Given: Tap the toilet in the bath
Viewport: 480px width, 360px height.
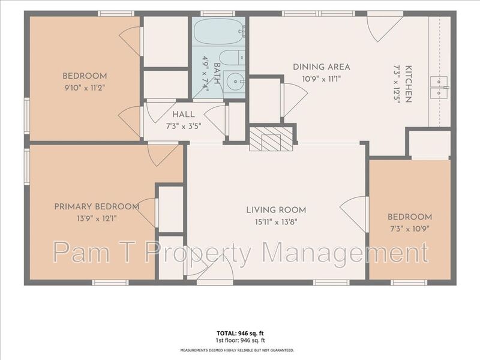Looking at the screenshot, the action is tap(233, 58).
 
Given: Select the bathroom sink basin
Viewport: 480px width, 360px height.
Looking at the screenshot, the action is tap(234, 82).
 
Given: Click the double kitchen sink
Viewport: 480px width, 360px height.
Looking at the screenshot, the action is tap(439, 87).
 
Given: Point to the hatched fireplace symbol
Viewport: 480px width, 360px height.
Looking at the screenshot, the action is tap(271, 139).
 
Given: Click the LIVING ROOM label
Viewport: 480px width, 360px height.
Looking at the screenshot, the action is tap(276, 210).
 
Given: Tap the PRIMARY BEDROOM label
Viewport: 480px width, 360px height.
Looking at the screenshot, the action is tap(97, 206).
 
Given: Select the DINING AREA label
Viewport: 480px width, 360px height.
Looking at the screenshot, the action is tap(322, 67).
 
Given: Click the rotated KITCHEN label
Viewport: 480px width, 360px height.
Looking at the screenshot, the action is tap(409, 83).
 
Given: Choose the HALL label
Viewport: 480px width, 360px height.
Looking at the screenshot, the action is tap(184, 115).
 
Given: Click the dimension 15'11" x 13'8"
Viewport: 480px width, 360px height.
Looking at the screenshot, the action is tap(276, 222).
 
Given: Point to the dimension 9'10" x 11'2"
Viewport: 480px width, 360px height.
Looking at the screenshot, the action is tap(85, 88).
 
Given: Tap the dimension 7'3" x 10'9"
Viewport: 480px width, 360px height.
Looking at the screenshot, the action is tap(410, 229).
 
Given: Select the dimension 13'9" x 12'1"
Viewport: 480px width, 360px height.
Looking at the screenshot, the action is tap(97, 218).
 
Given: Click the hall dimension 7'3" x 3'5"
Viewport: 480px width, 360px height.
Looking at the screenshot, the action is tap(184, 126).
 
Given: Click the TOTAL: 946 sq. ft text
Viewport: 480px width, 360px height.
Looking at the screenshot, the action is tap(240, 334).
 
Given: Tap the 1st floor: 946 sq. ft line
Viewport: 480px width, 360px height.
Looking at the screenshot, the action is tap(241, 340).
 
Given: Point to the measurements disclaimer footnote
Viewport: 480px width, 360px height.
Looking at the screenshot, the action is tap(237, 350).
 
